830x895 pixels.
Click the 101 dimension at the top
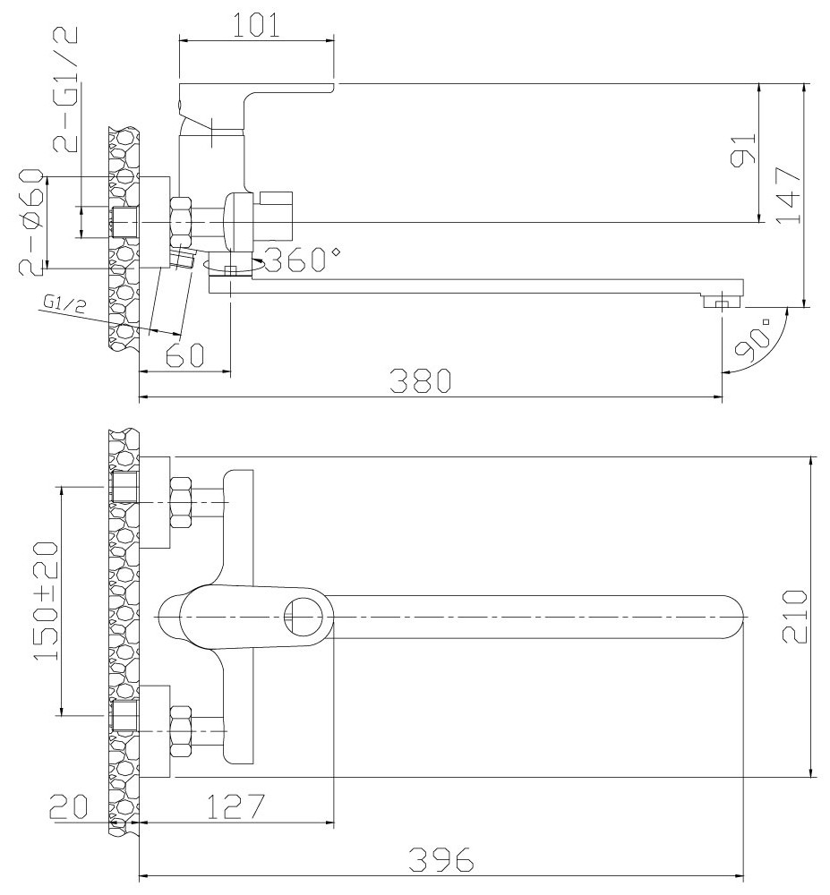(x=255, y=24)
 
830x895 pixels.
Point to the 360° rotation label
(x=302, y=260)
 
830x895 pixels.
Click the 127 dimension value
(x=235, y=807)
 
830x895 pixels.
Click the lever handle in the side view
(x=255, y=98)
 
